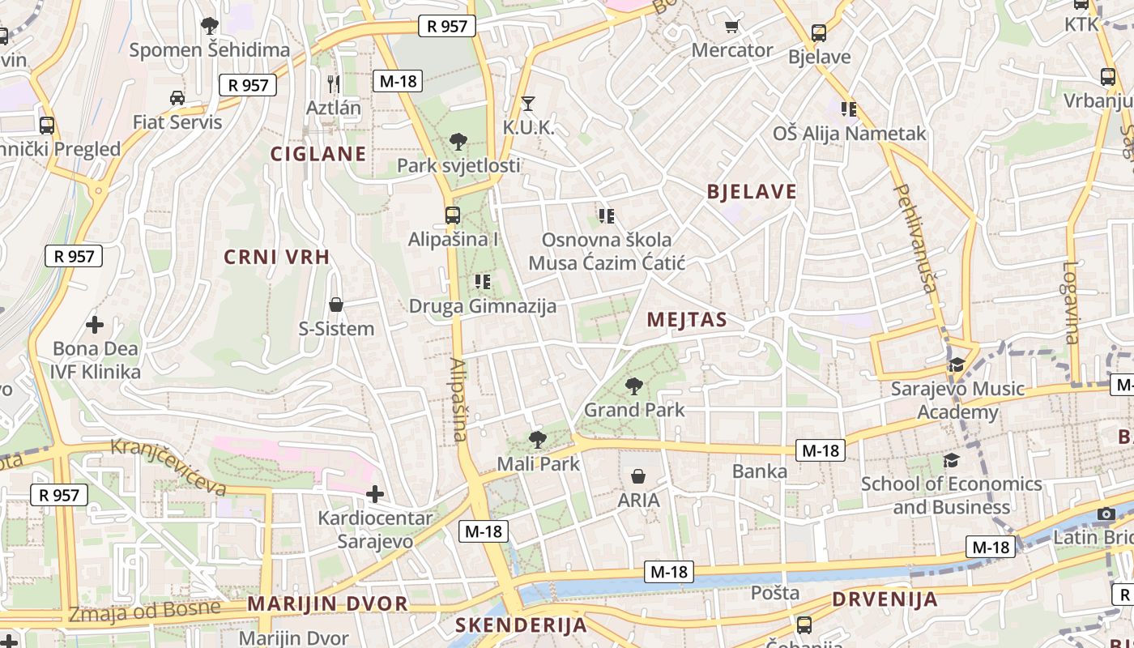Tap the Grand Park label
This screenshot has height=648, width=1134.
pos(634,410)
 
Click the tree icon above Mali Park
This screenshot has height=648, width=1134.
pos(537,440)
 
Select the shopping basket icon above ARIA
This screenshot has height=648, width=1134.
pos(638,475)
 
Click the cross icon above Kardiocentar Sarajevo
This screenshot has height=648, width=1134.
pos(374,493)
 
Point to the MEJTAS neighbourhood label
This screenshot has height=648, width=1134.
pos(687,320)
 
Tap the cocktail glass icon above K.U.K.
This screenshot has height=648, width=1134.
pos(528,103)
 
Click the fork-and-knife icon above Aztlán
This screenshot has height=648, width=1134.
pos(333,83)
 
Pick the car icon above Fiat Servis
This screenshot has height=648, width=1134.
pos(177,98)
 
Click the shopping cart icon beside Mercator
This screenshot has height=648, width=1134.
pos(732,26)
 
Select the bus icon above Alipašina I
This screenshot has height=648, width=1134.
pos(452,215)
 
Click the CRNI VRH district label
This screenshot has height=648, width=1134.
pos(277,258)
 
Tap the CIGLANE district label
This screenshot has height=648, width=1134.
pos(318,154)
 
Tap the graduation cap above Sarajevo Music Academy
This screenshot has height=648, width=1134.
pos(957,364)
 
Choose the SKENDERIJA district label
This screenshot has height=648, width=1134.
pos(521,625)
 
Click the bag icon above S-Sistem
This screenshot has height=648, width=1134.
pos(335,305)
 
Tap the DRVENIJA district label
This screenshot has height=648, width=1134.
pos(885,600)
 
